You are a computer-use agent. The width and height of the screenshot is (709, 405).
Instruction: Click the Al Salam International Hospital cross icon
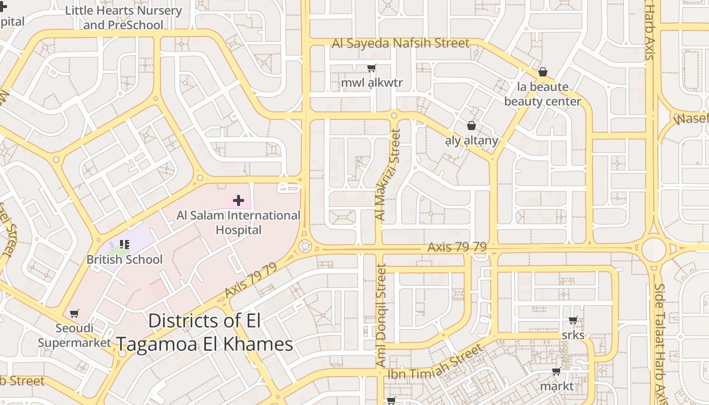pos(238,201)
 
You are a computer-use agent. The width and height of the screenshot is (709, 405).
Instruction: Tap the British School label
pos(125,260)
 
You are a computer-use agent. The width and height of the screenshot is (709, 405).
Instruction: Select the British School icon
pos(125,245)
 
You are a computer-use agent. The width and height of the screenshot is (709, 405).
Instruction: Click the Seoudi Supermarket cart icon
pos(74,314)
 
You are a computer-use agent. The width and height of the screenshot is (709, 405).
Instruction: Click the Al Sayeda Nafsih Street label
pos(401,43)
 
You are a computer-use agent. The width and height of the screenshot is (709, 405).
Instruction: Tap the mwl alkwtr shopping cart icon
pos(372,68)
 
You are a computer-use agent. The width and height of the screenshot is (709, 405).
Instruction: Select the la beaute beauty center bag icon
pos(543,72)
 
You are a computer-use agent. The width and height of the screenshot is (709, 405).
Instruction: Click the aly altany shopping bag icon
pos(471,126)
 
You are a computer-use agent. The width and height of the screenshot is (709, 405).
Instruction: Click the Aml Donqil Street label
pos(381,315)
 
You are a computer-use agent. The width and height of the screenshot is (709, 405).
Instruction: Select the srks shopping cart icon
pos(573,320)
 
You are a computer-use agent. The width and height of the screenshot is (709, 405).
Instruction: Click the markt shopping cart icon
pos(557,372)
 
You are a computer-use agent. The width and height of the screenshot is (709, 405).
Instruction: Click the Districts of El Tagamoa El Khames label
pos(205,333)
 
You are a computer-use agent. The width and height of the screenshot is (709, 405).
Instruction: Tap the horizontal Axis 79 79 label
pos(457,247)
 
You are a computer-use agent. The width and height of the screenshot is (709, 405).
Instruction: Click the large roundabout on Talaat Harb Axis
pos(653,250)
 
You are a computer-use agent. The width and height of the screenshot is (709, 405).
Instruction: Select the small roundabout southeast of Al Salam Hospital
pos(304,247)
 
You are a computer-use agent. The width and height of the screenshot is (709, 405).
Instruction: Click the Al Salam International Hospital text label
pos(238,223)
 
